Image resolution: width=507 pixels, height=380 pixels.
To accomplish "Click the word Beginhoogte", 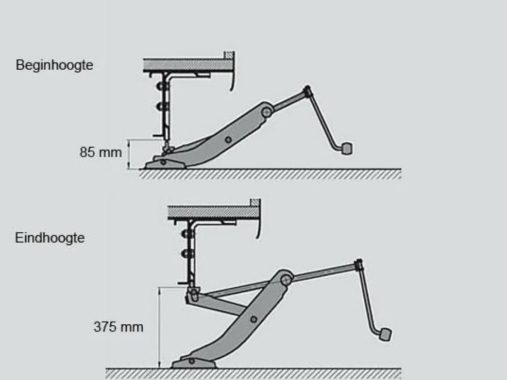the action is (54, 65).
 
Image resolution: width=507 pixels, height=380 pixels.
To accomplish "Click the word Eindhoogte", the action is (50, 238).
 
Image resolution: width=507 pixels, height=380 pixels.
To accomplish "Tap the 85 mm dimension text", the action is (100, 152).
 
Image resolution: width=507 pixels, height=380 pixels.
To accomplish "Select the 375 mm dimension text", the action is (119, 326).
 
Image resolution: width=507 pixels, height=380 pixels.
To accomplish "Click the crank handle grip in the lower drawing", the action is (385, 334).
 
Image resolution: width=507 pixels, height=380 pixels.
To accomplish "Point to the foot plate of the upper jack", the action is (165, 163).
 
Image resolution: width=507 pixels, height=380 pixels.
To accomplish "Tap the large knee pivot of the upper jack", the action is (266, 112).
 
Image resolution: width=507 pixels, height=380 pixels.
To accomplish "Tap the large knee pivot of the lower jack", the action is (285, 279).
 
